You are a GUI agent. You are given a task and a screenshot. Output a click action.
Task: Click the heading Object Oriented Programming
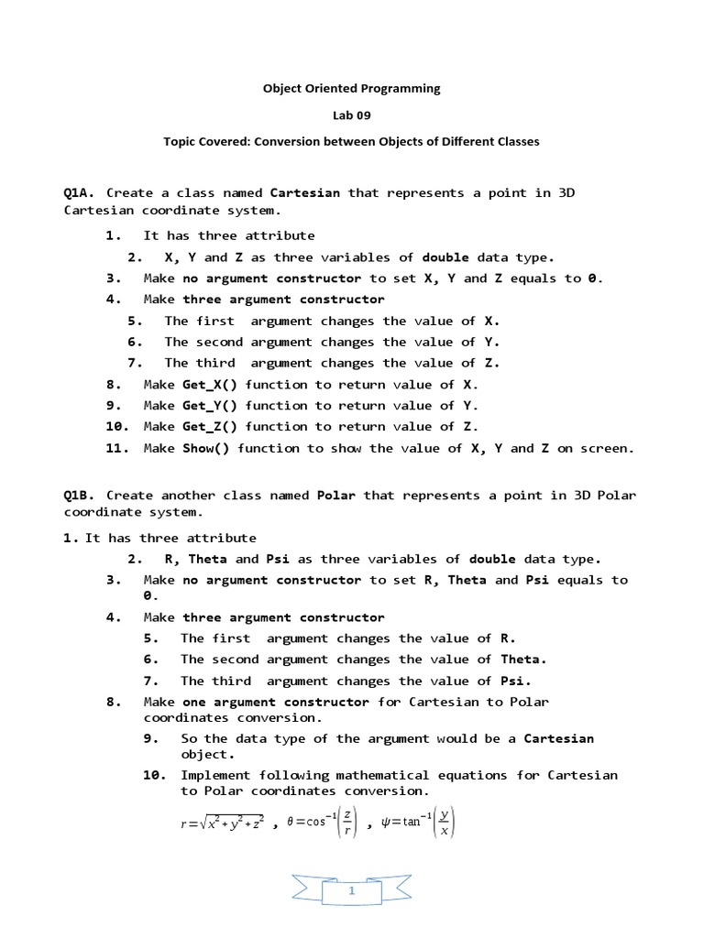[351, 89]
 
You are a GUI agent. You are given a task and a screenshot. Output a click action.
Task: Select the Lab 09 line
[351, 115]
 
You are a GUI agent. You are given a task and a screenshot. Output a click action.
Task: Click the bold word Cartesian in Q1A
[304, 192]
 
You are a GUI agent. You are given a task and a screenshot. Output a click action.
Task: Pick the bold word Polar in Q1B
[335, 495]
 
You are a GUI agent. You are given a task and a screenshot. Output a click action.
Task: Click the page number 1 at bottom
[351, 889]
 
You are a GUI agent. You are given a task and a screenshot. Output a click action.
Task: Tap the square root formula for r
[223, 823]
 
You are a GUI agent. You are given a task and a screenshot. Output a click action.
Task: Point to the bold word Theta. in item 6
[523, 660]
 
